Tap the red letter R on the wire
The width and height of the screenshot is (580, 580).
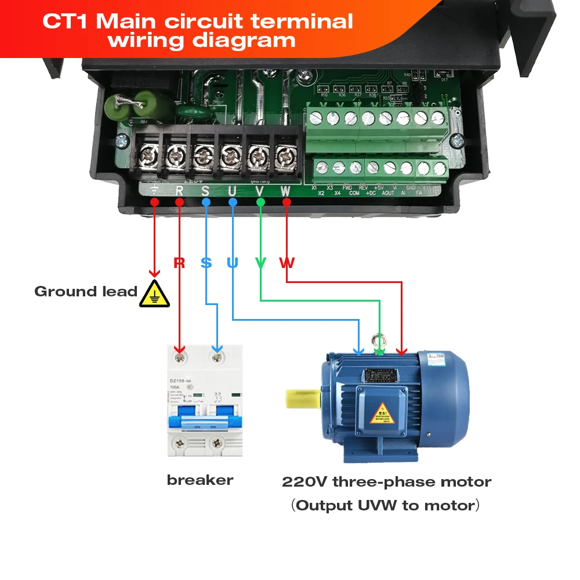pos(179,263)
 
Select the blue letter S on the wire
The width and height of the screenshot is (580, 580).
pos(206,263)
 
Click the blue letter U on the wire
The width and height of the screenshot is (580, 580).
pos(233,263)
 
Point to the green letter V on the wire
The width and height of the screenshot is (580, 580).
pos(260,263)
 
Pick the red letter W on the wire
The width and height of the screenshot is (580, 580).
pos(287,263)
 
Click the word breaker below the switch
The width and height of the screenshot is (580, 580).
pos(200,480)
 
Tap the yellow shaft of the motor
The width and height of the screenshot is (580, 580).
pos(303,398)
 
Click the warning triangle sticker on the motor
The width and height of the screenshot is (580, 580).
pos(382,412)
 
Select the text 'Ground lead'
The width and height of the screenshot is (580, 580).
pos(86,292)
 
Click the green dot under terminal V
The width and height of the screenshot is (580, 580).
pos(260,202)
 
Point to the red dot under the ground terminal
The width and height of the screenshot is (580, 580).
pos(154,202)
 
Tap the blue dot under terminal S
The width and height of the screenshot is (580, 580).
pos(206,202)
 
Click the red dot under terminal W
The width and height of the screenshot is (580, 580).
pos(287,202)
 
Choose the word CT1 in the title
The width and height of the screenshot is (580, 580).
pos(66,22)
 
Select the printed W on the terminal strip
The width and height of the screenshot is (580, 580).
pos(285,190)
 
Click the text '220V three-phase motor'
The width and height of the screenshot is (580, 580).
pos(386,482)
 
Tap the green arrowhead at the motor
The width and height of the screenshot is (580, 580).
pos(379,351)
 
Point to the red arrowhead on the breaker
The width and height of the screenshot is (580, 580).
pos(180,349)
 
